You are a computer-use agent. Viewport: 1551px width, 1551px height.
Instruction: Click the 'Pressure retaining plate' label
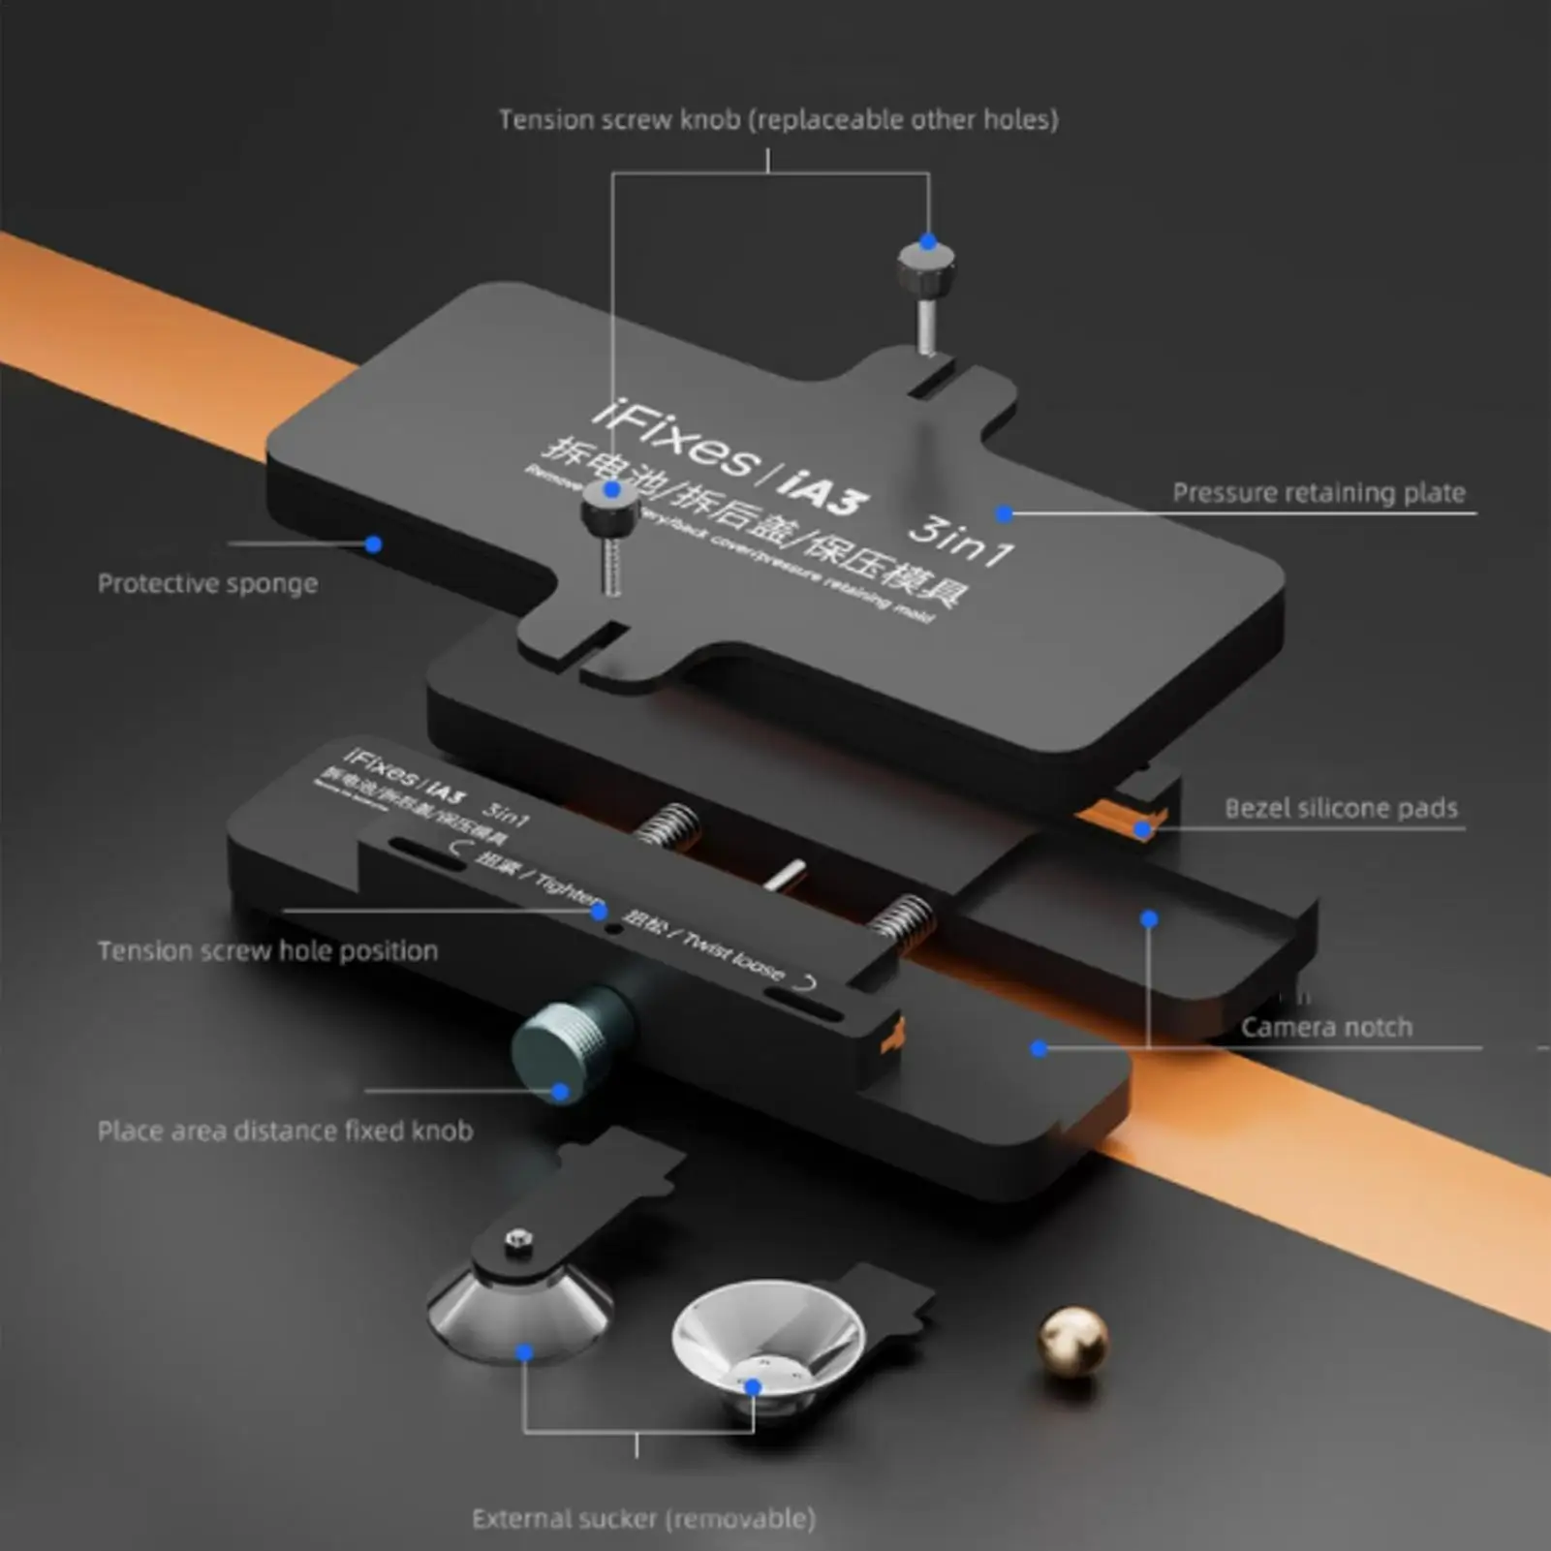1318,493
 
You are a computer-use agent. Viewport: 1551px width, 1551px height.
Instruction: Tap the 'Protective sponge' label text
207,584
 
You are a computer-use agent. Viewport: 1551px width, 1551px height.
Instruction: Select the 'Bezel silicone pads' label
1341,809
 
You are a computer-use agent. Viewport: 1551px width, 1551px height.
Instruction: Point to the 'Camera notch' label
1326,1028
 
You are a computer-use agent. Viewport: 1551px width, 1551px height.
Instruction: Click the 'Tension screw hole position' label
267,951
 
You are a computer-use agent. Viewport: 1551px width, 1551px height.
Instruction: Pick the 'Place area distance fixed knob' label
285,1132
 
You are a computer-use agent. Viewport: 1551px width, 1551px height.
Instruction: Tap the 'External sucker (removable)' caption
643,1519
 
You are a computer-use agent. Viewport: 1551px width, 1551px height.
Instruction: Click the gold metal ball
1071,1340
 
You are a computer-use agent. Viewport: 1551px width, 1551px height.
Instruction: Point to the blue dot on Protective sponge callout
374,544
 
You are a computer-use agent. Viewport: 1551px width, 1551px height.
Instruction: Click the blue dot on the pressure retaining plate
1005,513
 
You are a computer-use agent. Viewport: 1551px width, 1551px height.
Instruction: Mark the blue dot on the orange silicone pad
1143,829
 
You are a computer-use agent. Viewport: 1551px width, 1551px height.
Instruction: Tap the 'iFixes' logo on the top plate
672,442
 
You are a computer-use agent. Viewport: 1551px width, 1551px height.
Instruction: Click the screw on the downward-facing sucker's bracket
519,1239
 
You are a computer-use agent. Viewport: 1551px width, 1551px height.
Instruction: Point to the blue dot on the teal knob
560,1093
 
